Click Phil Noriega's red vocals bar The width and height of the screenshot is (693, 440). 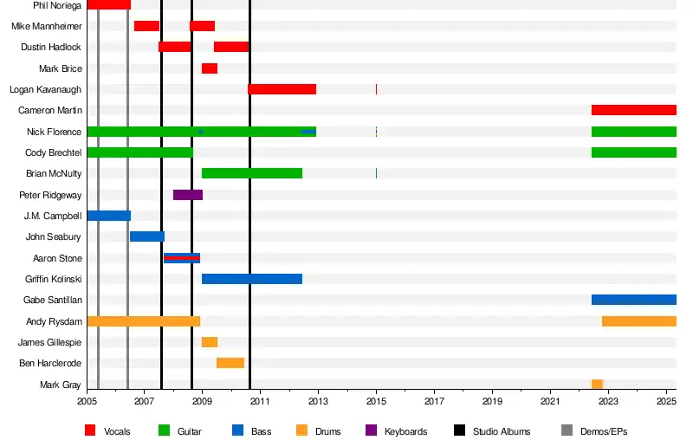109,5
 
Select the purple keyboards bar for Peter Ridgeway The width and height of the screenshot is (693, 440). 188,195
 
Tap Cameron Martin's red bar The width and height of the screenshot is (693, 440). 633,110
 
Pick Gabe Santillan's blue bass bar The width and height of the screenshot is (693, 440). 633,300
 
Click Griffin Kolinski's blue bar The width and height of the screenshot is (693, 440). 251,279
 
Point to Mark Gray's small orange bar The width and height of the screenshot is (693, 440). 597,384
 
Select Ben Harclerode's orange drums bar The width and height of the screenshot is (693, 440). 230,363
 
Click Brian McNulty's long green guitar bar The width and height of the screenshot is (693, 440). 251,173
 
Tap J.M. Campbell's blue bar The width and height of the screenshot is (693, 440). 109,216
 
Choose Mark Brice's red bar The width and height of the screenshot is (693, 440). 210,68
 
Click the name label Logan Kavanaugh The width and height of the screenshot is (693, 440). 46,89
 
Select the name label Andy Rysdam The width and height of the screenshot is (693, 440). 54,321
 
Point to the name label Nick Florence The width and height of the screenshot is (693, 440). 55,132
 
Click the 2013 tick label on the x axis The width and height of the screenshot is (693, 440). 318,402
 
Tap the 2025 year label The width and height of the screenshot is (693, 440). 666,402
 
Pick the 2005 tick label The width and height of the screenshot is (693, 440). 87,402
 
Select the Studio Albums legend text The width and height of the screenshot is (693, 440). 502,431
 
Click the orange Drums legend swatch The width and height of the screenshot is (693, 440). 301,430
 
